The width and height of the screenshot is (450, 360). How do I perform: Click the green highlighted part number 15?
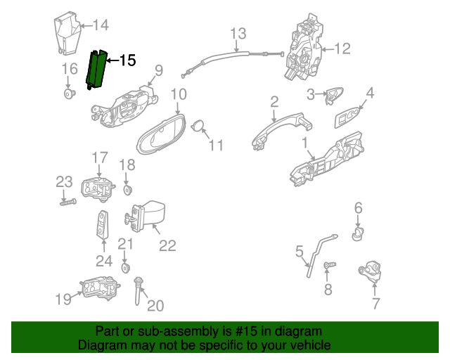click(96, 70)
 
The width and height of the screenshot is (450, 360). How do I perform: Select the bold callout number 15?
click(127, 60)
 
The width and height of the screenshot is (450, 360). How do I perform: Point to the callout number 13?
click(238, 33)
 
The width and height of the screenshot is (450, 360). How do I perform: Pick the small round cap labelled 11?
click(198, 125)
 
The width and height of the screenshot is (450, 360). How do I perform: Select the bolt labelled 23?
click(68, 202)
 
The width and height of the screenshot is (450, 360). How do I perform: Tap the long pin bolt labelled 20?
click(138, 290)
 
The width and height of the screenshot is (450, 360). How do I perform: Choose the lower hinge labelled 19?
click(100, 288)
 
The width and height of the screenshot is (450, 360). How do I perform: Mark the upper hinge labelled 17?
click(98, 188)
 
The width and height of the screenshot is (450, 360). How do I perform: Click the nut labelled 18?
click(127, 190)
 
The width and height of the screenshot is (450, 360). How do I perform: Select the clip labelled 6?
click(357, 233)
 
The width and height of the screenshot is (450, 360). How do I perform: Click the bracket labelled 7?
click(371, 271)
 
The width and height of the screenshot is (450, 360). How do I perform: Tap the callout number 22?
click(167, 245)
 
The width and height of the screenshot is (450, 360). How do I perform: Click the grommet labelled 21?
click(125, 268)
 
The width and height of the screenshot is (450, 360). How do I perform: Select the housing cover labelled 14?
click(67, 34)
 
